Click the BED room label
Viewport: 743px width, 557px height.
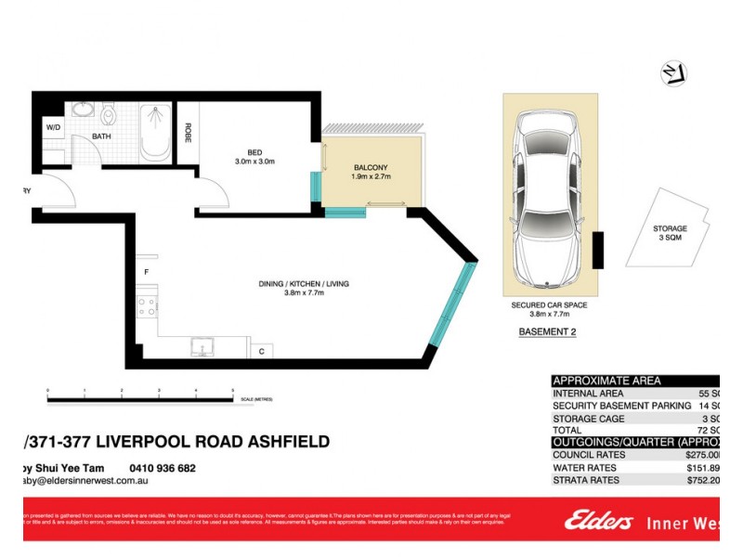[x=254, y=153]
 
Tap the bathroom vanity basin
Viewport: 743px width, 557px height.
[x=82, y=111]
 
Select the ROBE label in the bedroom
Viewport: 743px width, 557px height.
[x=188, y=134]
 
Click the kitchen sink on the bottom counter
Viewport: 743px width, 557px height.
[x=203, y=348]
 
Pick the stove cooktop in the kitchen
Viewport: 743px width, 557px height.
[x=146, y=305]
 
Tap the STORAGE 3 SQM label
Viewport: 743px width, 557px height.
[x=669, y=233]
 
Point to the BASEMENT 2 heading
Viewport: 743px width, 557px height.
[x=549, y=331]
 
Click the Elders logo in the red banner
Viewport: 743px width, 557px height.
[x=598, y=522]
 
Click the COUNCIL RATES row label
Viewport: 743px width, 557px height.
[x=589, y=455]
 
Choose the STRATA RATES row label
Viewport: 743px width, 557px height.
[x=587, y=481]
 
